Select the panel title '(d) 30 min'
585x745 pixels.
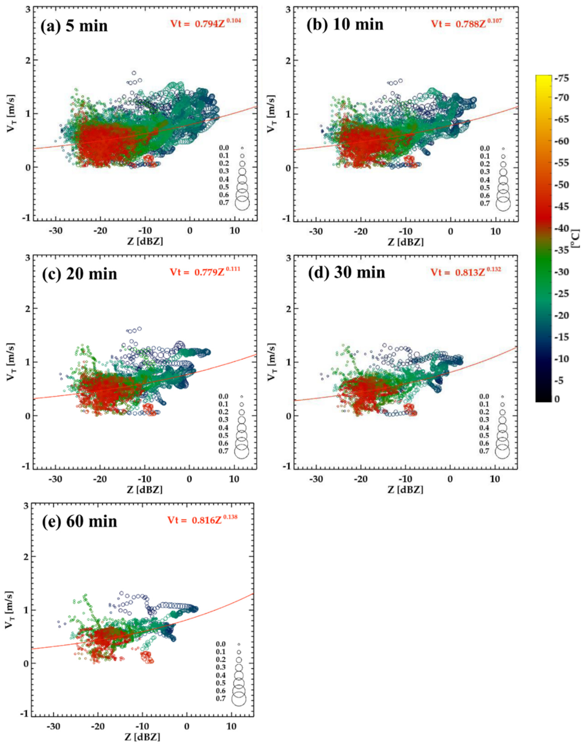(347, 273)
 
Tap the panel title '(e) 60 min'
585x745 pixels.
(79, 521)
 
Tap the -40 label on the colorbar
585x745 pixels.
(561, 228)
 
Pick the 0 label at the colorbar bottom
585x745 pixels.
(557, 399)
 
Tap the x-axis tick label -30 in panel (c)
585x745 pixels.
(55, 479)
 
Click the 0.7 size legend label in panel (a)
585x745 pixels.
(224, 203)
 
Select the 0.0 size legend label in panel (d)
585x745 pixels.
(485, 396)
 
